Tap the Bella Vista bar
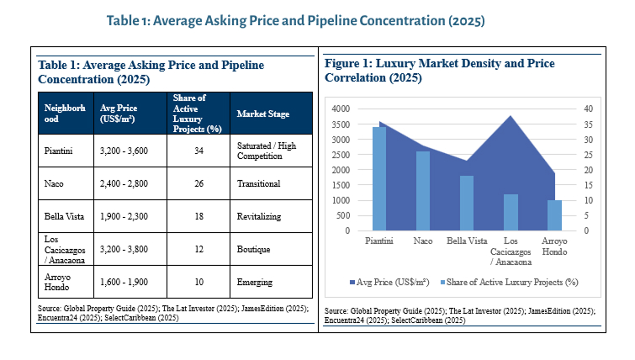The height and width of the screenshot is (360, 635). point(466,203)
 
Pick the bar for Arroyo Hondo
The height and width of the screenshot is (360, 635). point(553,215)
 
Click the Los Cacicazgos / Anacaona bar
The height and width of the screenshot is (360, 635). point(511,212)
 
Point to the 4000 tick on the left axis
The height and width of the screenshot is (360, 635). point(340,109)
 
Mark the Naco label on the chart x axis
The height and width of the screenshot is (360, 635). point(423,241)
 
